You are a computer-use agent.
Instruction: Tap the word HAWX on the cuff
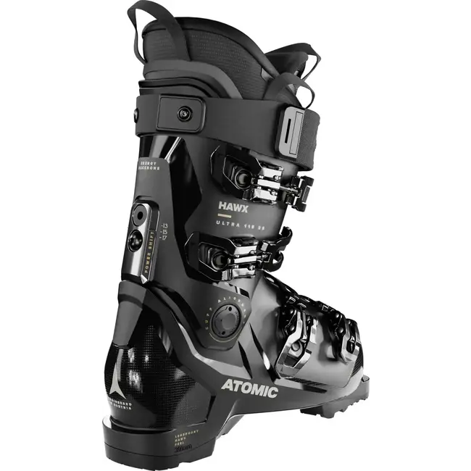[x=233, y=207]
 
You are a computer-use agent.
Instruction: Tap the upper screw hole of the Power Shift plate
[x=138, y=215]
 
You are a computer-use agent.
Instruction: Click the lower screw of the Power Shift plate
[x=134, y=240]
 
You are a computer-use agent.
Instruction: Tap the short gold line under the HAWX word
[x=224, y=216]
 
